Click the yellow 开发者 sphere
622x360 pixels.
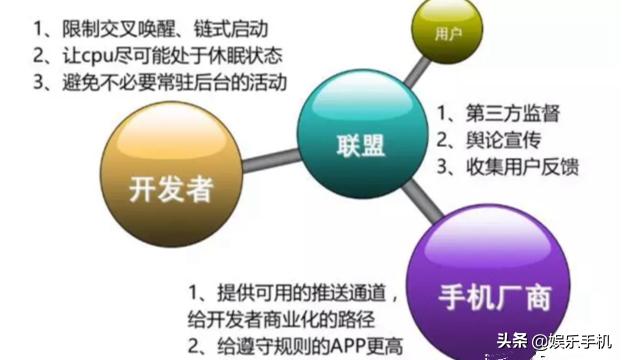tap(169, 178)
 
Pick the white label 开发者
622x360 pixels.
tap(169, 187)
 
